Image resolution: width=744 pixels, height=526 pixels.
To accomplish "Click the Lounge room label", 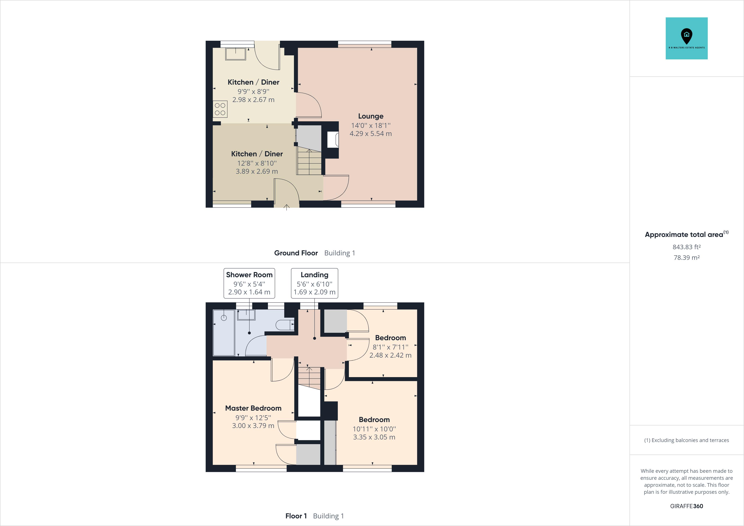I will tap(371, 116).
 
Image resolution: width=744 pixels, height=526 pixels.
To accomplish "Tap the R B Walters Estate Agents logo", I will tap(686, 38).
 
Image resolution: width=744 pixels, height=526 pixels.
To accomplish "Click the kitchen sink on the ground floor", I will tap(236, 54).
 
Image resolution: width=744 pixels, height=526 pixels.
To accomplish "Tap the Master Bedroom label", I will tap(253, 408).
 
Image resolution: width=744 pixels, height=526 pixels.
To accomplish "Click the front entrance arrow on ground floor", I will tap(287, 207).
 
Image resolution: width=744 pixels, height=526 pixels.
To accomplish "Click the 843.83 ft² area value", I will tap(686, 247).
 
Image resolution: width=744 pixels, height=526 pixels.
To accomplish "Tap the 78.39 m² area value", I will tap(686, 258).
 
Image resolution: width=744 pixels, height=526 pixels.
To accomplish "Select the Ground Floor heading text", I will tap(296, 253).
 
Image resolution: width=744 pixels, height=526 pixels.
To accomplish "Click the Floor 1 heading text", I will tap(296, 516).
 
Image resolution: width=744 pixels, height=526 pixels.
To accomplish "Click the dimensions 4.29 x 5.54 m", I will tap(371, 134).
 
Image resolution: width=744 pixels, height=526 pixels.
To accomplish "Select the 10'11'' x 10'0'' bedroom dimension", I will tap(374, 429).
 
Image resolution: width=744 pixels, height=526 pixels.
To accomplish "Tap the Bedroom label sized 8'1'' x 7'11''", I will tap(390, 338).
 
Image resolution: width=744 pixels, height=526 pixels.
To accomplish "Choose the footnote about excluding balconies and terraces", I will tap(686, 440).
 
